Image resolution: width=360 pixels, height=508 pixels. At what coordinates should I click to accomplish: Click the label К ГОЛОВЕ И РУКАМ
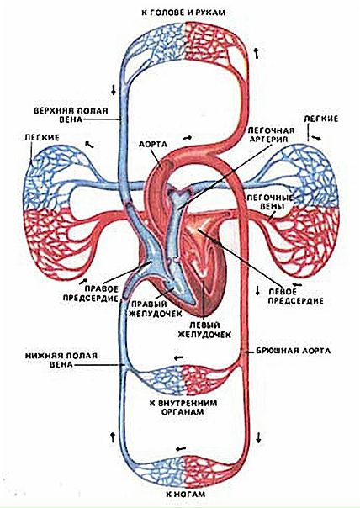coord(183,13)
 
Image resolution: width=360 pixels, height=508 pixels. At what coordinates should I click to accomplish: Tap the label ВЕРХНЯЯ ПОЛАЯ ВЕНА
coord(71,115)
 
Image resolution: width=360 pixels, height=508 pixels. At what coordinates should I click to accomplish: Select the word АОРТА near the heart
coord(152,144)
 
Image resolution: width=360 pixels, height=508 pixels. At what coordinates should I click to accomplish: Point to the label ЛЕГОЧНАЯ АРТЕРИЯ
coord(271,135)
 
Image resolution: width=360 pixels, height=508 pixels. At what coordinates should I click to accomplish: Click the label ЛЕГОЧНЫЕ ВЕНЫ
coord(270,202)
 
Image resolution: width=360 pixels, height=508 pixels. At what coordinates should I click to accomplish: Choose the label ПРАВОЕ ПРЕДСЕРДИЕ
coord(91,294)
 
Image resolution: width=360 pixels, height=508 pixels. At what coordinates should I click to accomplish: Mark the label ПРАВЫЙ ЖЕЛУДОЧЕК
coord(156,309)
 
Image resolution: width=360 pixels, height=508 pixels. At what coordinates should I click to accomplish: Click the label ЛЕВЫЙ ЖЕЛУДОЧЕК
coord(204,330)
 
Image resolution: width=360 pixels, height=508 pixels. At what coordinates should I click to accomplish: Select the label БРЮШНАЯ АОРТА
coord(294,351)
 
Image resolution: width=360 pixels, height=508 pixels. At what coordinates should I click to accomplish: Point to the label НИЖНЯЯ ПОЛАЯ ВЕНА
coord(61,360)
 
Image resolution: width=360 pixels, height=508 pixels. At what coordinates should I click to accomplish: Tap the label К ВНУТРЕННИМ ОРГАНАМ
coord(183,407)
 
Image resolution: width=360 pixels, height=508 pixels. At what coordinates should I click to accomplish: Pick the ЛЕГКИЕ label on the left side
coord(42,138)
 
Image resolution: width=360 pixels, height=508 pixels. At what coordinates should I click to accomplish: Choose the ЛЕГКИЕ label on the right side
coord(320,119)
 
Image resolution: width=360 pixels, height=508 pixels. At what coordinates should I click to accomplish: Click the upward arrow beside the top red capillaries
coord(257,53)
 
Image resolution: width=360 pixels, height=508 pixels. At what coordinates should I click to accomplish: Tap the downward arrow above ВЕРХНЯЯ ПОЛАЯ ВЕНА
coord(114,89)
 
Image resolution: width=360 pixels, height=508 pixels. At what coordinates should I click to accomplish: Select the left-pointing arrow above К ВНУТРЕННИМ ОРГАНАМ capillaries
coord(178,357)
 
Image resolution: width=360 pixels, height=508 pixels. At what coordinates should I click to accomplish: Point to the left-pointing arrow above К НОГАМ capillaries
coord(181,449)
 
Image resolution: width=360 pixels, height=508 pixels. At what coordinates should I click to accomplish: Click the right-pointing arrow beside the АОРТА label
coord(187,138)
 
